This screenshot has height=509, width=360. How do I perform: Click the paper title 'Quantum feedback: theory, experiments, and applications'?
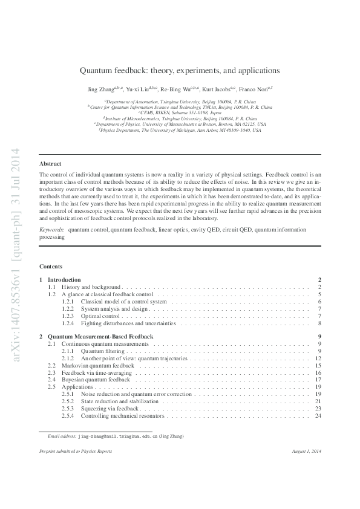(180, 70)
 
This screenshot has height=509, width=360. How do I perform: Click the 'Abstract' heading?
(50, 164)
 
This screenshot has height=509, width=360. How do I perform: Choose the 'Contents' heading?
(50, 267)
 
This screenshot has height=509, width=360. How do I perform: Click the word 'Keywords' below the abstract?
(51, 230)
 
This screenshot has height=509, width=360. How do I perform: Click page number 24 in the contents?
(318, 416)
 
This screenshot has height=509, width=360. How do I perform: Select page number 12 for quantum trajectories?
(318, 358)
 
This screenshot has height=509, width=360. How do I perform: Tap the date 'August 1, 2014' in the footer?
(305, 452)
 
